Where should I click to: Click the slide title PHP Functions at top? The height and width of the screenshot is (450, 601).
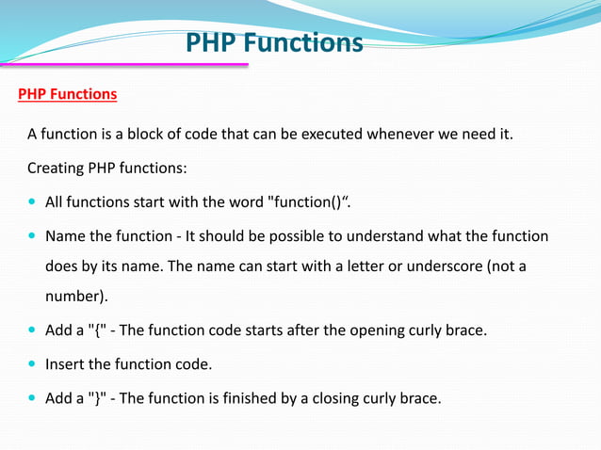[273, 43]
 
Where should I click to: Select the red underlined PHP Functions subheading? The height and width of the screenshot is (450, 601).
[68, 95]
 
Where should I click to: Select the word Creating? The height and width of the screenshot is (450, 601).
[56, 169]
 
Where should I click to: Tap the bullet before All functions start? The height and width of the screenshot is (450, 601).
[33, 203]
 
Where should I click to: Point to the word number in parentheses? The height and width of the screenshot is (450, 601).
[74, 297]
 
